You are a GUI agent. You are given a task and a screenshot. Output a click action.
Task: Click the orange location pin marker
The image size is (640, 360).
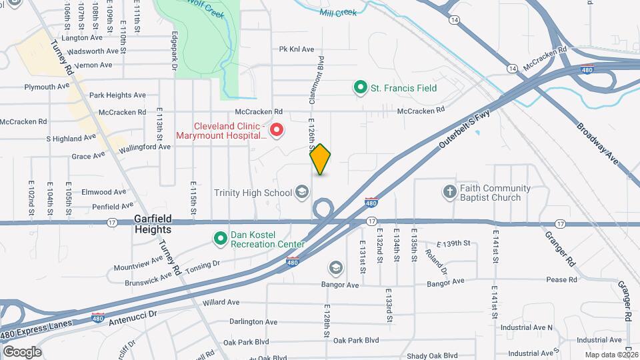pyautogui.click(x=321, y=159)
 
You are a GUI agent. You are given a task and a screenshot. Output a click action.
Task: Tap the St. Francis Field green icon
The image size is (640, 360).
pyautogui.click(x=361, y=87)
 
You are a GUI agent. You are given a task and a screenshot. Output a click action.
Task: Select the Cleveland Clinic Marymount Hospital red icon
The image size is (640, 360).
pyautogui.click(x=275, y=128)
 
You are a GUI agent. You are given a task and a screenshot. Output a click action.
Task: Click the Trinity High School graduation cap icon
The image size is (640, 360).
pyautogui.click(x=302, y=193)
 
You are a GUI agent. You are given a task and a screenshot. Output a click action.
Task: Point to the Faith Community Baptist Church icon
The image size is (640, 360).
pyautogui.click(x=451, y=193)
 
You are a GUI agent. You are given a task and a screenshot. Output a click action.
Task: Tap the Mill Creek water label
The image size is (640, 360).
pyautogui.click(x=338, y=12)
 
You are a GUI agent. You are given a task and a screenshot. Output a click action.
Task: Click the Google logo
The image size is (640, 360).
pyautogui.click(x=22, y=351)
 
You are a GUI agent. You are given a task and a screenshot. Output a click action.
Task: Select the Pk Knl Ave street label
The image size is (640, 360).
pyautogui.click(x=296, y=49)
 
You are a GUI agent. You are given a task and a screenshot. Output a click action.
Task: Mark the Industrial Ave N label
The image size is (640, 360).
pyautogui.click(x=527, y=327)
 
